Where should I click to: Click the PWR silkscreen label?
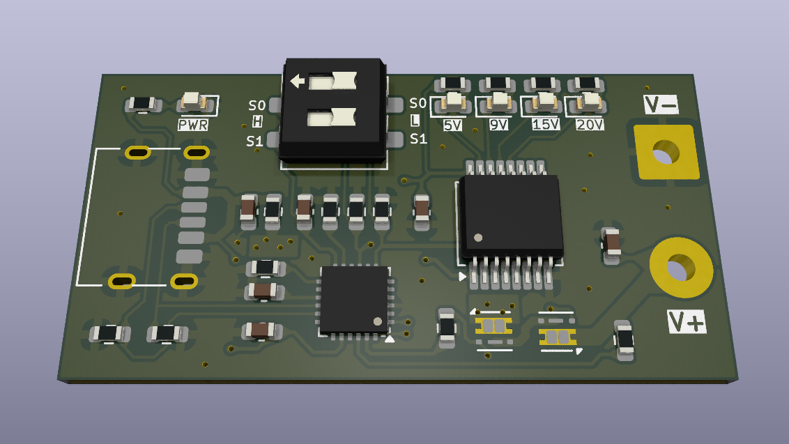pos(193,124)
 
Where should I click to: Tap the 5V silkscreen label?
pos(452,125)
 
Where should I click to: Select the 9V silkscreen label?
pos(498,124)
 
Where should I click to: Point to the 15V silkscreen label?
pos(546,124)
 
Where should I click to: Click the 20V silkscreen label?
pos(589,124)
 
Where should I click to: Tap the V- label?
pos(661,105)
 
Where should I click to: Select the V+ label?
pos(687,321)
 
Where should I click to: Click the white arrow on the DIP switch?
pos(298,81)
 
